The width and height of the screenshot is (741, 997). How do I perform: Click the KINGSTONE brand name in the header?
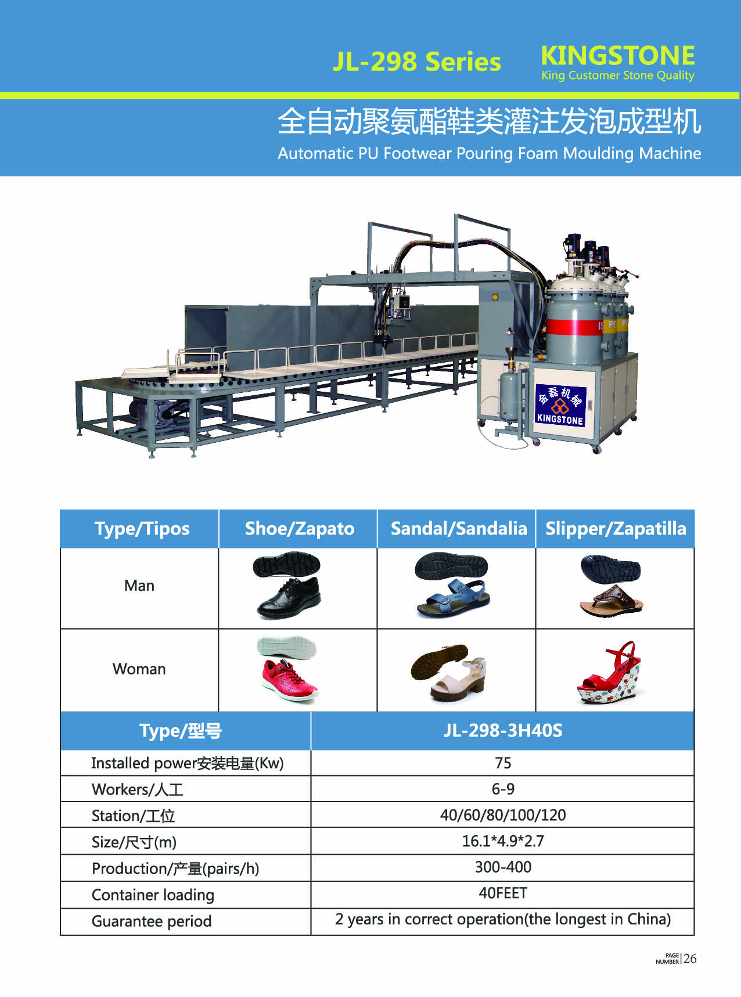click(x=618, y=56)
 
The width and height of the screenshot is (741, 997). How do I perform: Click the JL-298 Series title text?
click(x=417, y=62)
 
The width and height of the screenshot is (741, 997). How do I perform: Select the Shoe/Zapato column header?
click(x=299, y=529)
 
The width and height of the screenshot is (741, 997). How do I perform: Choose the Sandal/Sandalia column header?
click(x=459, y=529)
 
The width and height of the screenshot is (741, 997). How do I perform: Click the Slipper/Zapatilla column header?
click(x=616, y=529)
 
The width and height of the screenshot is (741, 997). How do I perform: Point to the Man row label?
click(x=139, y=586)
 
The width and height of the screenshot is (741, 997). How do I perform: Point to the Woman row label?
click(x=139, y=669)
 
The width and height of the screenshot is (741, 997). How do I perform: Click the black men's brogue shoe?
click(x=289, y=598)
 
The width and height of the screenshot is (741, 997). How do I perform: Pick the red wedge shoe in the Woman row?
click(x=609, y=673)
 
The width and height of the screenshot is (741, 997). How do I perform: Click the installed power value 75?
click(x=503, y=763)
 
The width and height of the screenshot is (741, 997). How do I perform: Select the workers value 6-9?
click(x=503, y=789)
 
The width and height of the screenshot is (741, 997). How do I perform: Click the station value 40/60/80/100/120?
click(x=503, y=815)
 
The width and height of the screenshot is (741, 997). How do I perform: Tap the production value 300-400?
click(x=503, y=867)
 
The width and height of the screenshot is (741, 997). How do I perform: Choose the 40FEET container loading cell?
click(x=503, y=893)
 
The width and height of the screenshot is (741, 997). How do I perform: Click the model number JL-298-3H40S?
click(x=503, y=730)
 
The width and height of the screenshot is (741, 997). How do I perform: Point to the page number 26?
click(x=690, y=959)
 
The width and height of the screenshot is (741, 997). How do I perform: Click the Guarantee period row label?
click(x=152, y=922)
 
